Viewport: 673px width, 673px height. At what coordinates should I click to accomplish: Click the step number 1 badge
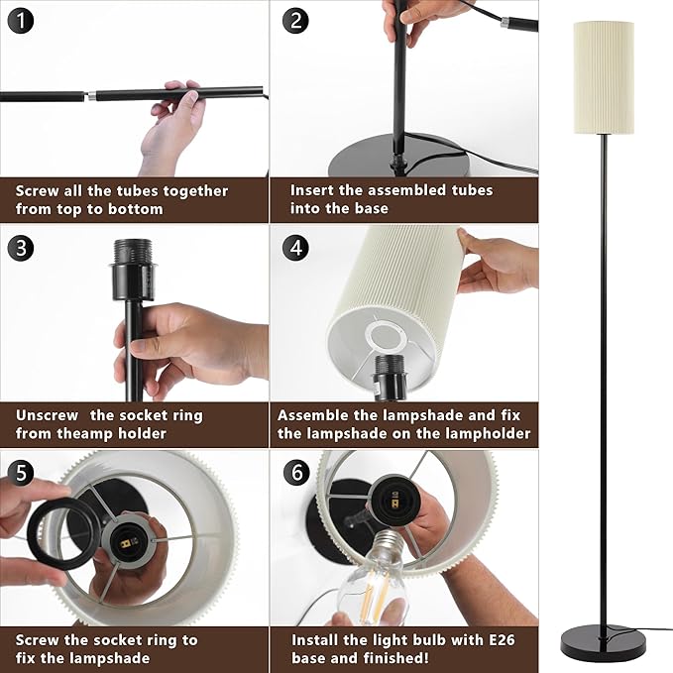pos(20,21)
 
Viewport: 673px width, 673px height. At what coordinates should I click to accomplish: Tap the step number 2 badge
pos(295,21)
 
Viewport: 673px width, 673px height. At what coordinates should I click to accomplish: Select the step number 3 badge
pos(20,248)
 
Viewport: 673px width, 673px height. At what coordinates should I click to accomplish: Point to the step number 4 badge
pos(295,248)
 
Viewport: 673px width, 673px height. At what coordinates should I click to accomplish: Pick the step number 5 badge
pos(20,473)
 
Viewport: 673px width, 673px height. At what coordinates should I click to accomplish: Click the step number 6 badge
pos(296,473)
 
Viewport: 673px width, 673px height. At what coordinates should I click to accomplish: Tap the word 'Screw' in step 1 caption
pos(37,191)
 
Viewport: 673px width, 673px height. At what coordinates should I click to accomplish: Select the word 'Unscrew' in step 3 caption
pos(48,415)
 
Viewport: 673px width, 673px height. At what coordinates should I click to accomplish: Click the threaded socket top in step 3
pos(133,252)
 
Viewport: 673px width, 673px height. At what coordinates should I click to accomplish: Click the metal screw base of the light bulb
pos(385,547)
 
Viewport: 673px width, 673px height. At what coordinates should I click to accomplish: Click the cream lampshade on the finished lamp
pos(604,77)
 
